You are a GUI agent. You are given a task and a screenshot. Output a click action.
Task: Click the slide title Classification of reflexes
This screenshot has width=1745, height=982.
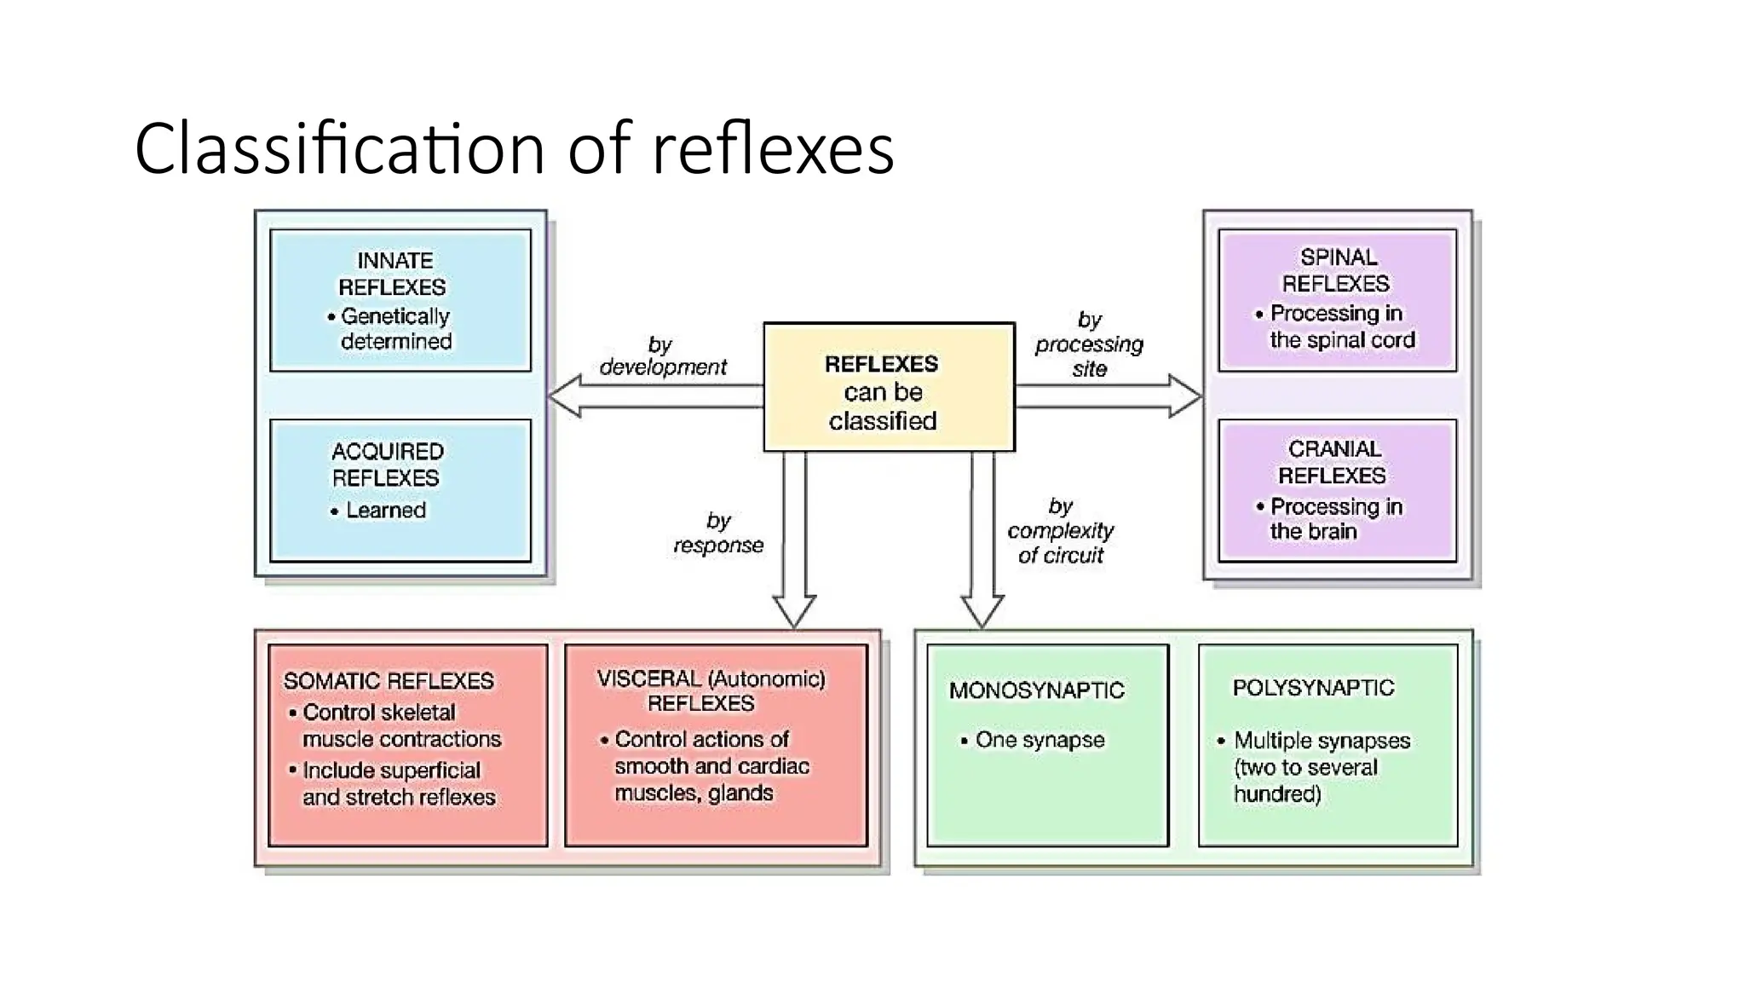pyautogui.click(x=514, y=148)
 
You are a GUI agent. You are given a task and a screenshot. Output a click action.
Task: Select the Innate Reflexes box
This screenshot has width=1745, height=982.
pyautogui.click(x=400, y=300)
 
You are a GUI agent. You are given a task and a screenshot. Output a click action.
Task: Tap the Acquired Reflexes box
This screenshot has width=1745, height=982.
pyautogui.click(x=400, y=490)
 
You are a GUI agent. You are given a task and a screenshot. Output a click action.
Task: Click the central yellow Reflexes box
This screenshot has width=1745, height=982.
pyautogui.click(x=889, y=387)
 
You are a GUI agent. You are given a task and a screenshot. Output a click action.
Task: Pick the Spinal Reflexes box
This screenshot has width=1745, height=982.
pyautogui.click(x=1337, y=299)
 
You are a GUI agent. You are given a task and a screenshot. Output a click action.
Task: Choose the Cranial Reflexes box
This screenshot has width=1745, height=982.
pyautogui.click(x=1337, y=490)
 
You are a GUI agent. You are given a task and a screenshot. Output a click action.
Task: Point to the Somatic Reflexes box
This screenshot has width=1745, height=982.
pyautogui.click(x=407, y=745)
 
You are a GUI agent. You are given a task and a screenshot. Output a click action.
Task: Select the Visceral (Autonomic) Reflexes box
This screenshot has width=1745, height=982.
pyautogui.click(x=716, y=745)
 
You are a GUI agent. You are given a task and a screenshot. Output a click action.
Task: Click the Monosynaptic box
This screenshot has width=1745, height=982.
pyautogui.click(x=1047, y=745)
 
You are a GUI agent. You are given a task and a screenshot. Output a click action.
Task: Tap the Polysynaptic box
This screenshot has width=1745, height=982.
pyautogui.click(x=1327, y=745)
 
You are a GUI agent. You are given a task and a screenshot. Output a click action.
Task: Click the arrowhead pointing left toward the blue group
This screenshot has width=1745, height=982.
pyautogui.click(x=566, y=397)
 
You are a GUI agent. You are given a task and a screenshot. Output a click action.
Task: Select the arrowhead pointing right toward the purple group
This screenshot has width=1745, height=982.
pyautogui.click(x=1184, y=396)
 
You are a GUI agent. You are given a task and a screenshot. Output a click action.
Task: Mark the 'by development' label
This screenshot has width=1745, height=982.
pyautogui.click(x=663, y=356)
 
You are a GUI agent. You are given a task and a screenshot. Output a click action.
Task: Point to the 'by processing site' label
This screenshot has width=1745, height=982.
pyautogui.click(x=1089, y=344)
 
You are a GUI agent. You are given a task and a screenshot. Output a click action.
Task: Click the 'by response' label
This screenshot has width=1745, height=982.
pyautogui.click(x=718, y=533)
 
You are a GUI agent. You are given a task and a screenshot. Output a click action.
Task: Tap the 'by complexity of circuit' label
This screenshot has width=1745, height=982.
pyautogui.click(x=1060, y=530)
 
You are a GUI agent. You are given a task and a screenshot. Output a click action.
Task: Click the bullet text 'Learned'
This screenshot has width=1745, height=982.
pyautogui.click(x=385, y=511)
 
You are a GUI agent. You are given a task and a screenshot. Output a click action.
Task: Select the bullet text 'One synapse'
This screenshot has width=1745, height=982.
pyautogui.click(x=1040, y=740)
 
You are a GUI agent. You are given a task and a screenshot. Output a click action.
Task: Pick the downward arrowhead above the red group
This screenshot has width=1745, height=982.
pyautogui.click(x=794, y=610)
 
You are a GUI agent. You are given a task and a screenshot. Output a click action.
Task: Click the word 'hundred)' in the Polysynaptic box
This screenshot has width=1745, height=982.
pyautogui.click(x=1277, y=794)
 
